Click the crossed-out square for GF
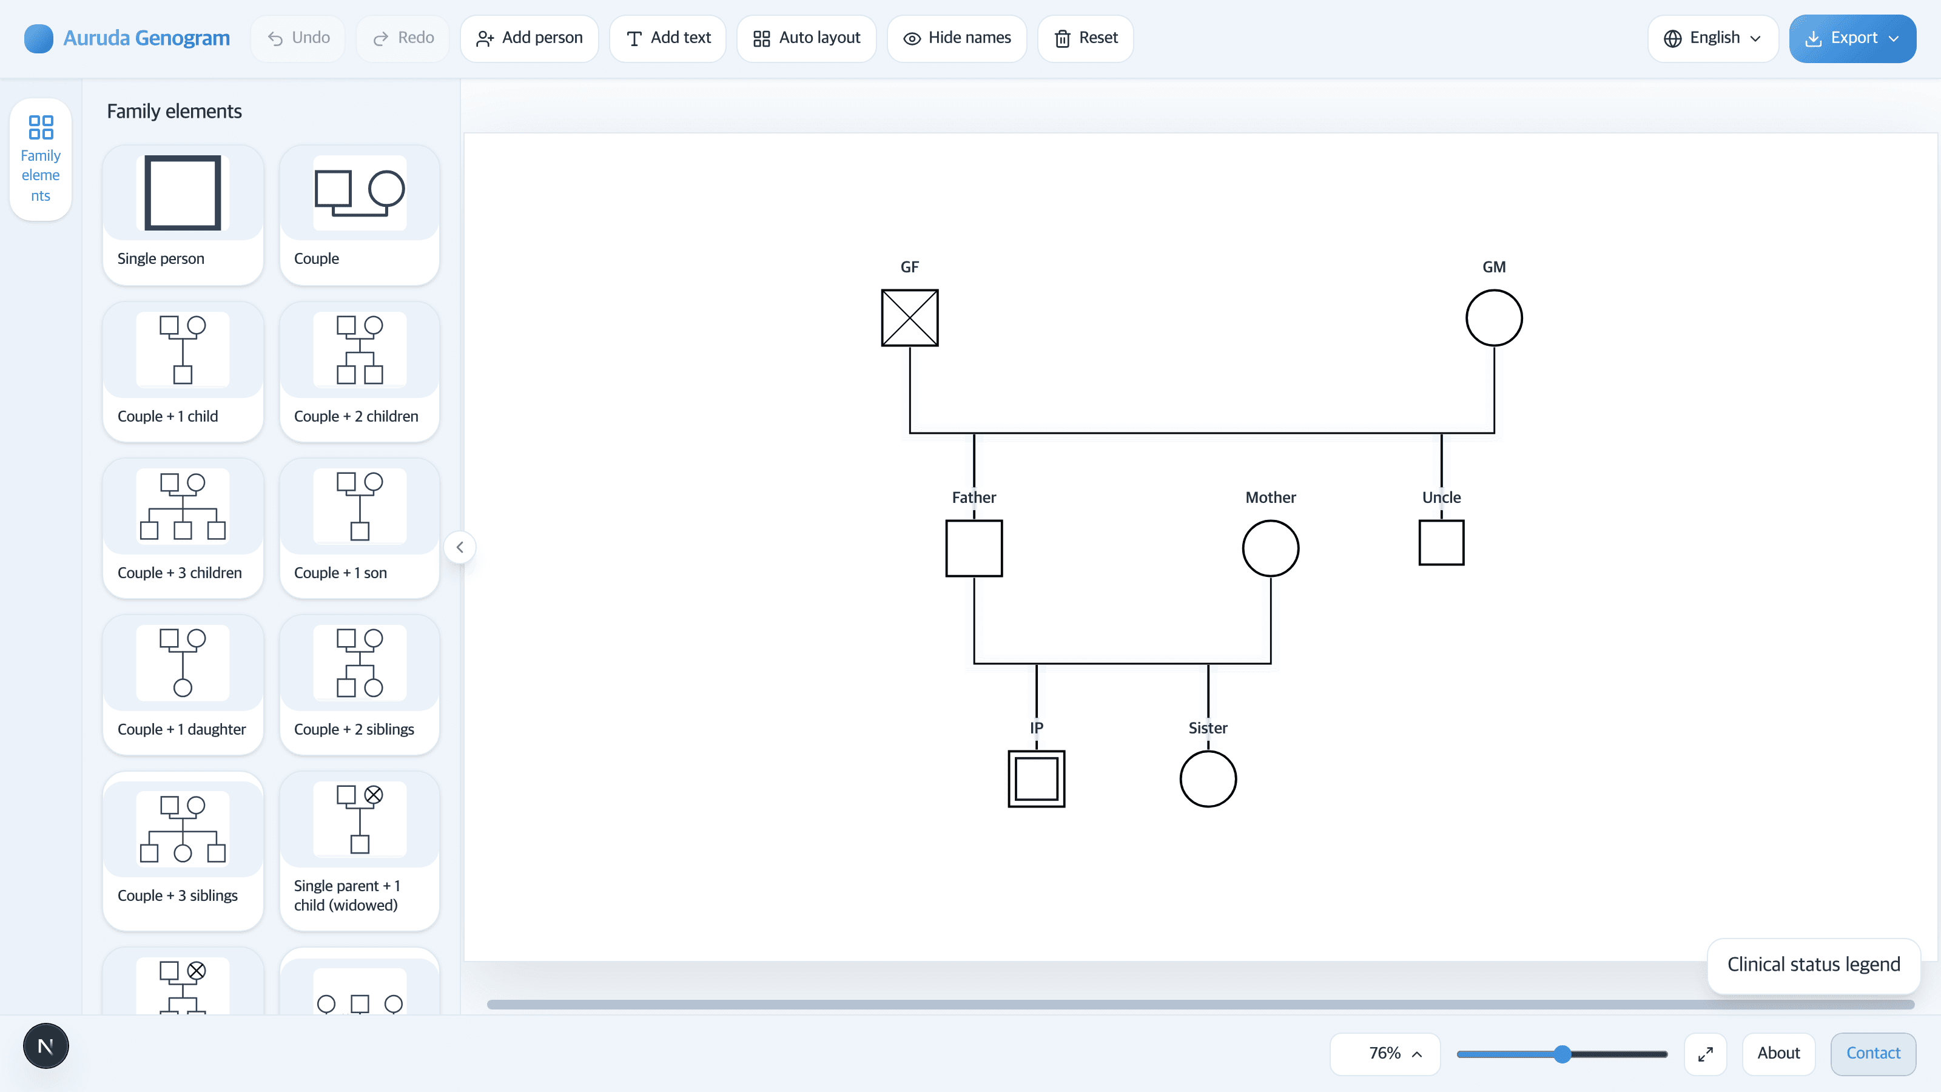point(909,318)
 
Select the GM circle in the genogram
point(1493,289)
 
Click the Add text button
point(668,38)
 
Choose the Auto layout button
point(806,38)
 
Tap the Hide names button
point(957,38)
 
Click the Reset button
point(1085,38)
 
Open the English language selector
point(1713,38)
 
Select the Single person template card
point(183,215)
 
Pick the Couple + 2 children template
point(360,371)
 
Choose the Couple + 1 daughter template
point(183,684)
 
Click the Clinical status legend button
point(1814,965)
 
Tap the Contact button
point(1873,1054)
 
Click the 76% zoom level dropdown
point(1385,1054)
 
